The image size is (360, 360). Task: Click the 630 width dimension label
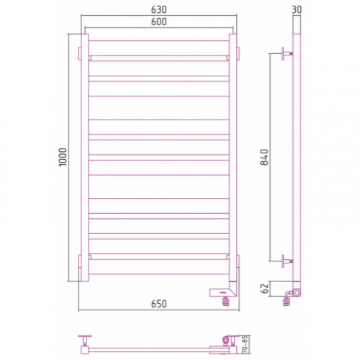[x=159, y=9]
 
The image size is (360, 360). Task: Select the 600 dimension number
[x=159, y=22]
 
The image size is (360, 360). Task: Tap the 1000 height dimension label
[x=63, y=157]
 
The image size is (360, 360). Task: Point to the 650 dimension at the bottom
[x=159, y=304]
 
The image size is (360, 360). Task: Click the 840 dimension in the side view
[x=264, y=157]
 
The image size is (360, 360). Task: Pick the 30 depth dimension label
[x=297, y=9]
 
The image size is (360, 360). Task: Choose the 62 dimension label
[x=264, y=289]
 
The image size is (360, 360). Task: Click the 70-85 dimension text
[x=245, y=345]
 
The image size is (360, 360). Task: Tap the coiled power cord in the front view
[x=226, y=302]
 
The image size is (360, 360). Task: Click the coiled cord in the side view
[x=287, y=300]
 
